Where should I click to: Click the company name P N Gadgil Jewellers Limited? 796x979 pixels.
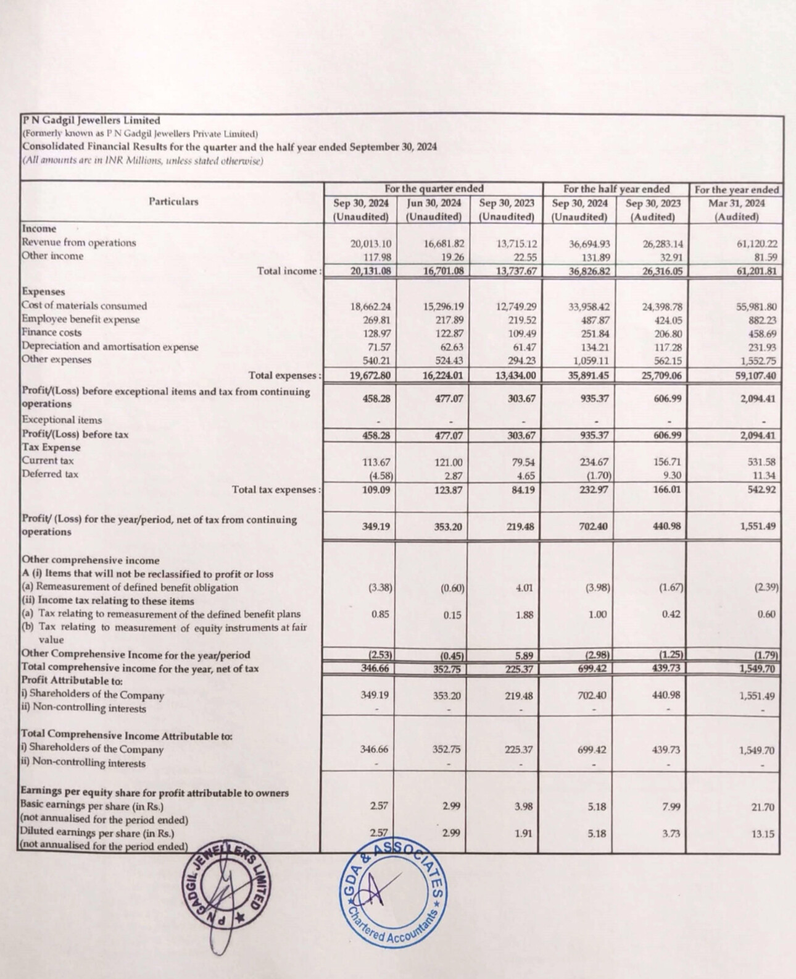point(91,121)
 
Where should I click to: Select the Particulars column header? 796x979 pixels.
point(173,202)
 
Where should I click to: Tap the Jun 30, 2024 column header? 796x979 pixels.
point(434,203)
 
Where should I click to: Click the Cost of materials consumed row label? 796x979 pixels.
point(84,306)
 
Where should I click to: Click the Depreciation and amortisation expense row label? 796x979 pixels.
point(110,347)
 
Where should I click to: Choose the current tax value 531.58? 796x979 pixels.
point(762,462)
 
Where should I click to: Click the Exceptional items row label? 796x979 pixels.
point(62,420)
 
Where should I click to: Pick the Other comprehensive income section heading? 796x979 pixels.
point(90,560)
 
